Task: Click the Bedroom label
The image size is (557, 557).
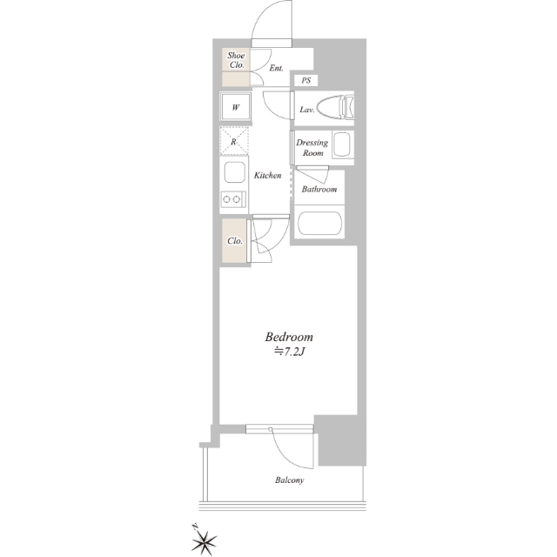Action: pyautogui.click(x=289, y=337)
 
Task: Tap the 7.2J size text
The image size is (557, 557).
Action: pyautogui.click(x=289, y=352)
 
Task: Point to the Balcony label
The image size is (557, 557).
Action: pyautogui.click(x=289, y=480)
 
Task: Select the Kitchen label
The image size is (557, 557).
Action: pyautogui.click(x=267, y=175)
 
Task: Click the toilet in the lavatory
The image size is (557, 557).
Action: pyautogui.click(x=335, y=106)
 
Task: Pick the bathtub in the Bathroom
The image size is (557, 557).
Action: pyautogui.click(x=319, y=224)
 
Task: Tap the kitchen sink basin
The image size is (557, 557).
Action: pyautogui.click(x=234, y=172)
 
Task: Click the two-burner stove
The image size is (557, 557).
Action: pyautogui.click(x=233, y=199)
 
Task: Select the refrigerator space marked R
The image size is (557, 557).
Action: pyautogui.click(x=234, y=141)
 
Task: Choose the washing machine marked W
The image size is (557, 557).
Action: pyautogui.click(x=236, y=107)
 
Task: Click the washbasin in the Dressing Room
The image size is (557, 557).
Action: pyautogui.click(x=342, y=144)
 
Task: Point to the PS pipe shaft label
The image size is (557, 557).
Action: pyautogui.click(x=305, y=81)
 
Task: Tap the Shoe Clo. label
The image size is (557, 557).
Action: pyautogui.click(x=236, y=60)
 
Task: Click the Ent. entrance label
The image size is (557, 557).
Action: pyautogui.click(x=276, y=68)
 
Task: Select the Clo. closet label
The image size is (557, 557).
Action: pyautogui.click(x=234, y=241)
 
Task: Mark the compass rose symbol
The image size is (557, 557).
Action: pyautogui.click(x=205, y=541)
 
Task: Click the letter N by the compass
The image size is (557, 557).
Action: pyautogui.click(x=194, y=527)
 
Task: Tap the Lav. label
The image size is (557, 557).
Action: pyautogui.click(x=307, y=110)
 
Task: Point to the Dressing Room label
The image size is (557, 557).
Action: pyautogui.click(x=312, y=148)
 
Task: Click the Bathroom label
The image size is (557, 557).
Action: pyautogui.click(x=319, y=189)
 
